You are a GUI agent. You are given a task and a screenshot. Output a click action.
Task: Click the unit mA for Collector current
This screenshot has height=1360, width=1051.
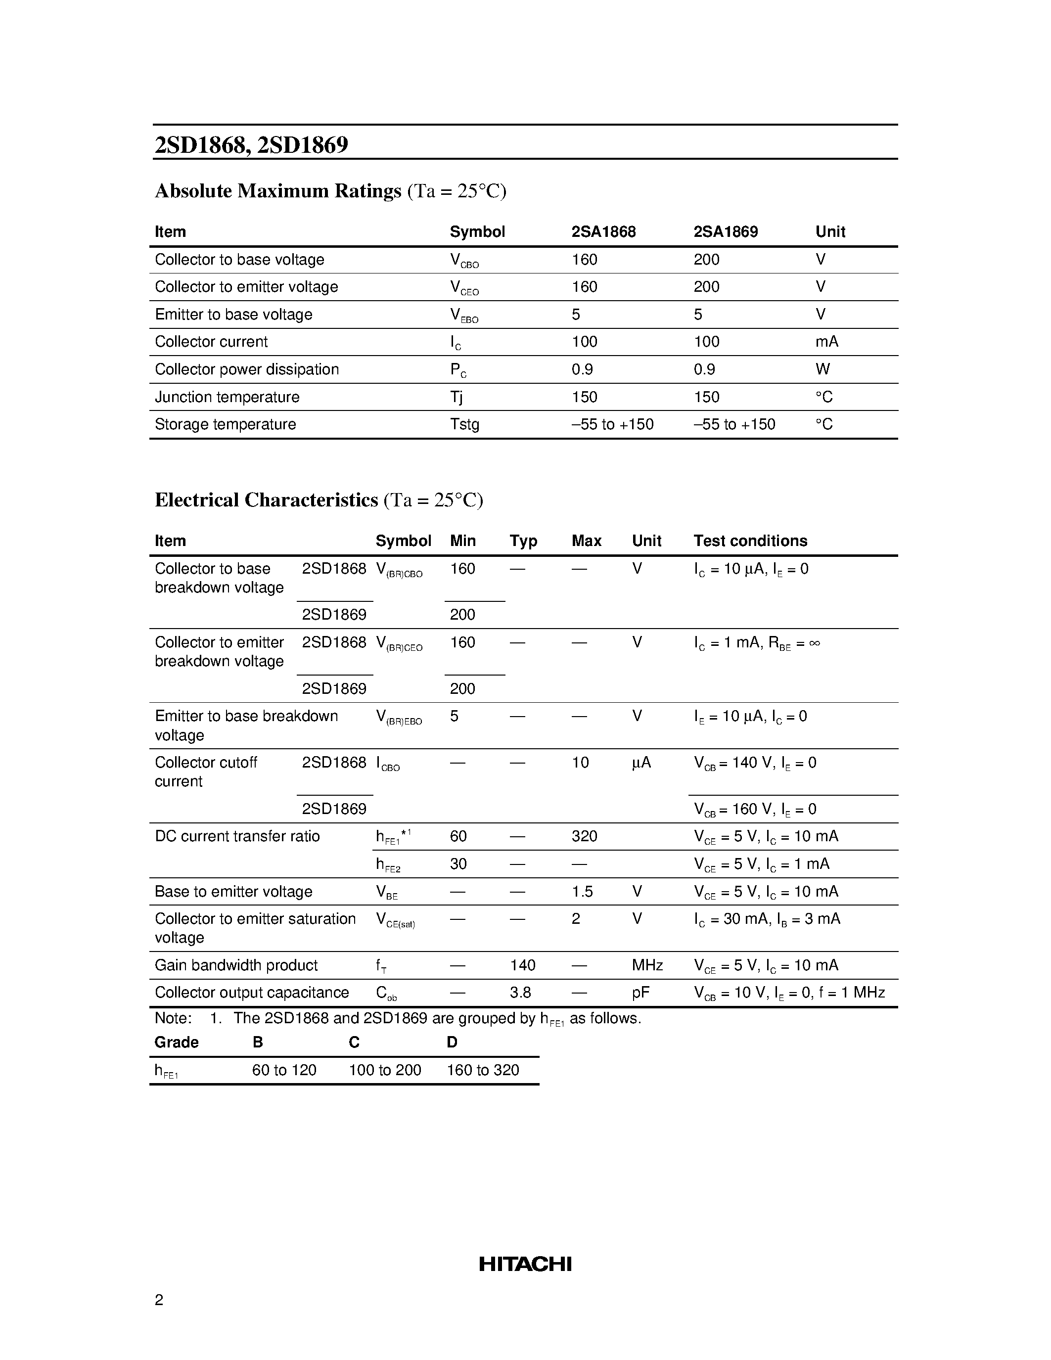click(827, 342)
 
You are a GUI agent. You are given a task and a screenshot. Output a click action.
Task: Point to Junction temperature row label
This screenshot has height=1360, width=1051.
click(227, 397)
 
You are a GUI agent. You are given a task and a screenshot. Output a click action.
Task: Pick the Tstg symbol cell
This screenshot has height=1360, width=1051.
click(464, 425)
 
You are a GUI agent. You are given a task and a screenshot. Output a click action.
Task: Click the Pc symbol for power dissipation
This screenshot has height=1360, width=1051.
click(458, 370)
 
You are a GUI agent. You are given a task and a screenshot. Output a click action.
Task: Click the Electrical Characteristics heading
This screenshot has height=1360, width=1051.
click(267, 500)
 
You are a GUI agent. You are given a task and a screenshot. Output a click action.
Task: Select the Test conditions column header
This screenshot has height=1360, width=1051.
click(750, 541)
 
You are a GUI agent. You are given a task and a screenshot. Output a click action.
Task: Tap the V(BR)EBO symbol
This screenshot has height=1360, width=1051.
click(399, 718)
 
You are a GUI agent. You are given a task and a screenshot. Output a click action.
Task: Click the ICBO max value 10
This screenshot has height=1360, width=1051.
click(580, 762)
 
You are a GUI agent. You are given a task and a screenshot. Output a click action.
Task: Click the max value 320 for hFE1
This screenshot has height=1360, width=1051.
click(584, 836)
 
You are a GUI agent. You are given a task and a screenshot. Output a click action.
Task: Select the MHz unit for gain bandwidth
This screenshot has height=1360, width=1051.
click(647, 965)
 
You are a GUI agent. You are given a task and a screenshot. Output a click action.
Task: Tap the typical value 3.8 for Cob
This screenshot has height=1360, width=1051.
click(520, 993)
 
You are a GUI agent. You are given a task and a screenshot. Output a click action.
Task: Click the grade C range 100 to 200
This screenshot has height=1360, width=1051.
click(385, 1070)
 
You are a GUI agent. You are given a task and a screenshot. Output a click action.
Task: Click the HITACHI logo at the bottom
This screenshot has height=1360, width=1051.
click(525, 1264)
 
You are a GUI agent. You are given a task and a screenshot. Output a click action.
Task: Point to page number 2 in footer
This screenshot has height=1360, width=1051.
click(159, 1300)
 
